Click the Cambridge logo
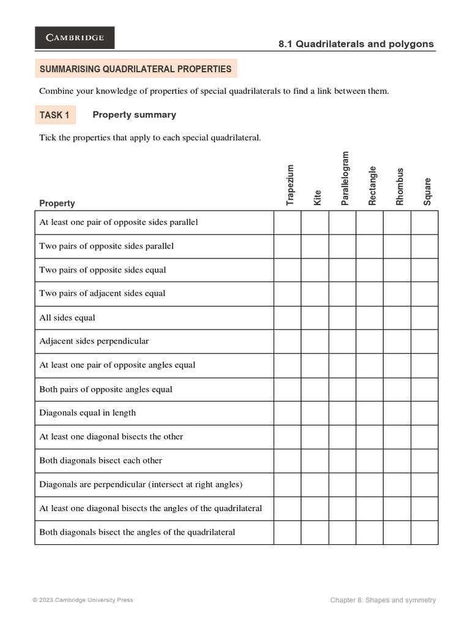pyautogui.click(x=74, y=37)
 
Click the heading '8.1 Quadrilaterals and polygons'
pyautogui.click(x=356, y=44)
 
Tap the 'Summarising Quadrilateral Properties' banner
pyautogui.click(x=135, y=69)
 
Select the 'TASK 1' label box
pyautogui.click(x=54, y=115)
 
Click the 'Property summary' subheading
pyautogui.click(x=134, y=115)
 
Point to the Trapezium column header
pyautogui.click(x=290, y=184)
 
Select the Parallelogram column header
pyautogui.click(x=345, y=178)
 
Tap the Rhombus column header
pyautogui.click(x=400, y=186)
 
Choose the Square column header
pyautogui.click(x=427, y=191)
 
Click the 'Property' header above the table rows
pyautogui.click(x=57, y=203)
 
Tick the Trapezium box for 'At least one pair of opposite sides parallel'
pyautogui.click(x=287, y=222)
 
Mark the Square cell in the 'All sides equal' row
pyautogui.click(x=424, y=318)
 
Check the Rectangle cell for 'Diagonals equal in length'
pyautogui.click(x=370, y=413)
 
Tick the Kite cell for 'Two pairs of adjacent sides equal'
pyautogui.click(x=315, y=293)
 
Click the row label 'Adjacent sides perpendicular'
pyautogui.click(x=94, y=341)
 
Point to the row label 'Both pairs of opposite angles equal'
pyautogui.click(x=106, y=389)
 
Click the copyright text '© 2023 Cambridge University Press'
pyautogui.click(x=83, y=600)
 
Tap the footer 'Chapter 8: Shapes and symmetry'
pyautogui.click(x=383, y=600)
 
